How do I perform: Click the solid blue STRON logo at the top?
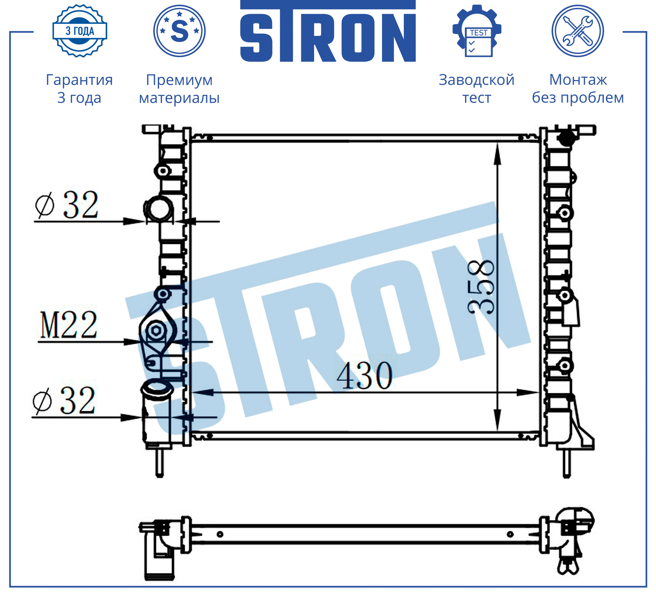[x=328, y=31]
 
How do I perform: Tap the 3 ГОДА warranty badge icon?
[x=80, y=31]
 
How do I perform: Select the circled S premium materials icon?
[x=179, y=31]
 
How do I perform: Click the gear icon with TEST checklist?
[x=477, y=31]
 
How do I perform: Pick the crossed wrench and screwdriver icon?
[x=578, y=31]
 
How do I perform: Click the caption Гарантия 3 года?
[x=80, y=89]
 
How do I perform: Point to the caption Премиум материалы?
[x=179, y=89]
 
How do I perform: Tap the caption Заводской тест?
[x=477, y=89]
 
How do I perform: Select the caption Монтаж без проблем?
[x=578, y=89]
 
